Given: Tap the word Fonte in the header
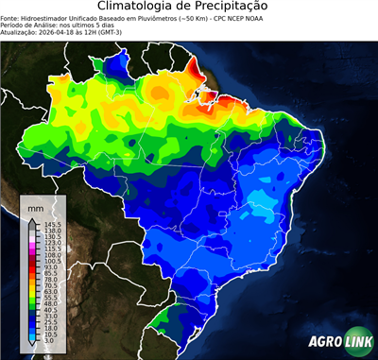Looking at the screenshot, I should coord(9,17).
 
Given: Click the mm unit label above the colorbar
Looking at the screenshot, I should coord(36,205).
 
